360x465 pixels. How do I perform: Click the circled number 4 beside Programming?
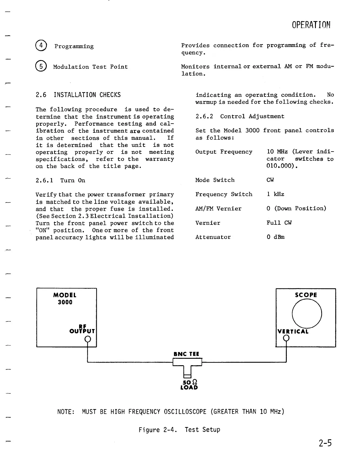click(42, 46)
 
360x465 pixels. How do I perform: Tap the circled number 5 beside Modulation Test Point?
click(42, 67)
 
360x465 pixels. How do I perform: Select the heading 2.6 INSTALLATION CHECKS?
click(78, 95)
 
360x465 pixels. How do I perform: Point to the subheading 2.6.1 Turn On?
click(60, 180)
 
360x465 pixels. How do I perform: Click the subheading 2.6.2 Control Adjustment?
click(240, 116)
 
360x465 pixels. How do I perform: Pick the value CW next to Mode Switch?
click(270, 180)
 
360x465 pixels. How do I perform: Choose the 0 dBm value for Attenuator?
click(276, 237)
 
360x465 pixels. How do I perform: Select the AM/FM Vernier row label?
click(218, 208)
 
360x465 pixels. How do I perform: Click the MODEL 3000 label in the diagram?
click(65, 298)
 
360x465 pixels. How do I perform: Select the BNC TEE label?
click(186, 354)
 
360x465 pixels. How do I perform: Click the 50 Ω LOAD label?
click(189, 385)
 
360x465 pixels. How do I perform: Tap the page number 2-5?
click(325, 443)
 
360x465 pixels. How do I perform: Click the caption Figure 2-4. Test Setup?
click(179, 430)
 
